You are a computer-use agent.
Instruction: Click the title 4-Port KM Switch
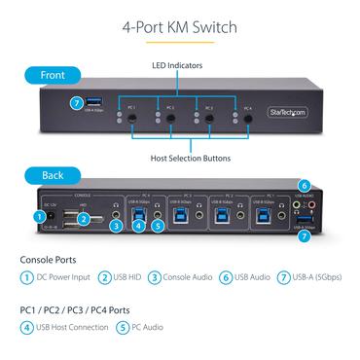[179, 27]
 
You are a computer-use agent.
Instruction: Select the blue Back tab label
[54, 175]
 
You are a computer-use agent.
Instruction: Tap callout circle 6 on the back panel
[304, 186]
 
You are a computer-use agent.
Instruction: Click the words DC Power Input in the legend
[67, 277]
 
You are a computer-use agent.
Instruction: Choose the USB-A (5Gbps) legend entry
[316, 277]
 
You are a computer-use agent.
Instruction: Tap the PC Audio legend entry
[148, 328]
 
